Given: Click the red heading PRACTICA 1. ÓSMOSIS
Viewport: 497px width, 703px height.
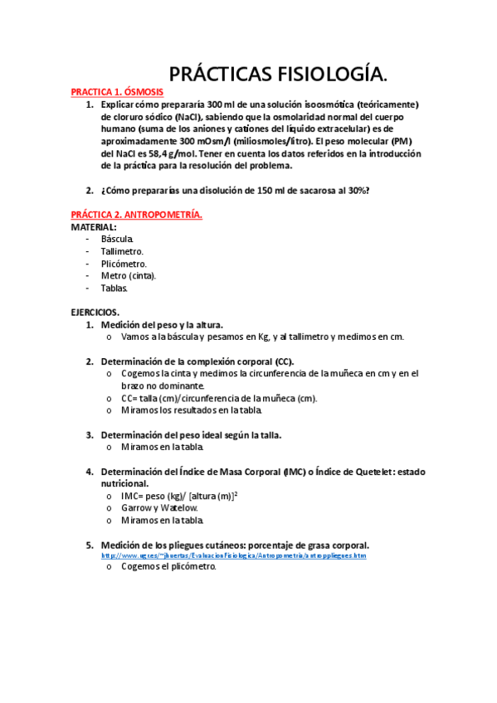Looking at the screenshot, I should [117, 92].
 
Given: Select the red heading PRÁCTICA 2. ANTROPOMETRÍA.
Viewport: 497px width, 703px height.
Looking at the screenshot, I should [136, 215].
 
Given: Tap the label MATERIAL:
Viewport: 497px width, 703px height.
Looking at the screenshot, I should [94, 226].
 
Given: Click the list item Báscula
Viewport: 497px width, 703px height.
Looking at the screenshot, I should [118, 239].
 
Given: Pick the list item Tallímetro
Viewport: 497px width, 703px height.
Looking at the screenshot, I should [123, 251].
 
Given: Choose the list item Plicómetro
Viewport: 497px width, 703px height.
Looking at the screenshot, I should [124, 264].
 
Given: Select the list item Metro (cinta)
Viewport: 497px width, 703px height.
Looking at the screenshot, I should [129, 276].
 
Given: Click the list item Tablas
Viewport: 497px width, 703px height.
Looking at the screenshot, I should [115, 288].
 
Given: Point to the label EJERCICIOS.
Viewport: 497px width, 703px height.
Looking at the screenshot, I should [95, 313].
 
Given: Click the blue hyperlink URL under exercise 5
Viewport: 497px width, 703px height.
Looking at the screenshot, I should [233, 555].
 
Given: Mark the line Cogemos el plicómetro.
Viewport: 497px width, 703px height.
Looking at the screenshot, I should [168, 567].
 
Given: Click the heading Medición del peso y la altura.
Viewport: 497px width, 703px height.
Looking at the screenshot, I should [162, 325].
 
